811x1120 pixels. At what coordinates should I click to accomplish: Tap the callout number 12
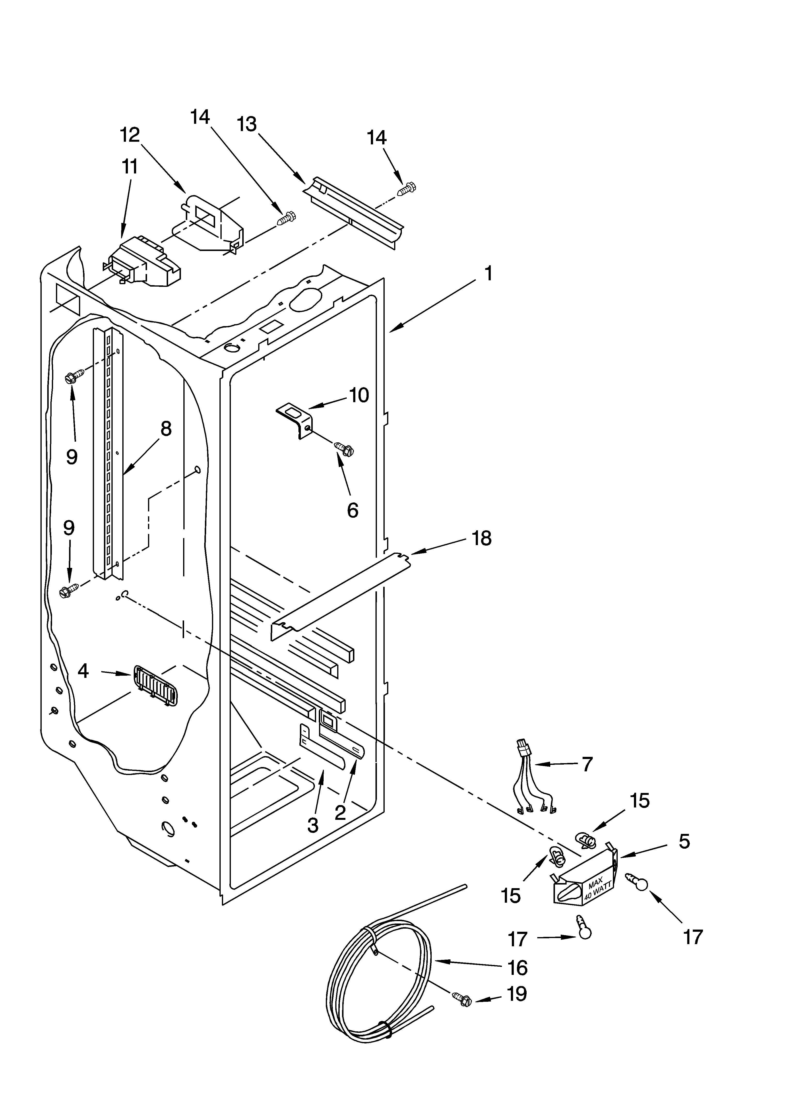click(130, 135)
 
